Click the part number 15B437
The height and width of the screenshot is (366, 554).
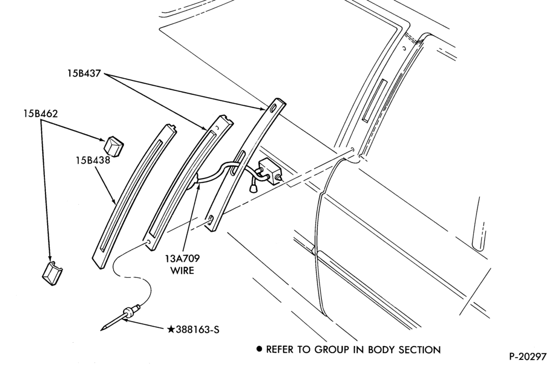(85, 74)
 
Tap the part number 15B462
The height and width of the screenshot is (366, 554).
(40, 114)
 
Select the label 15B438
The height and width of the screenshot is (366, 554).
(93, 160)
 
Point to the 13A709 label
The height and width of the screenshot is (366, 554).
(182, 258)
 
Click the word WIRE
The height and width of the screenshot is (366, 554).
(182, 271)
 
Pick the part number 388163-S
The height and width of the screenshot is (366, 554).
(198, 329)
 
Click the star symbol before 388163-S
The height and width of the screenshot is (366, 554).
(171, 329)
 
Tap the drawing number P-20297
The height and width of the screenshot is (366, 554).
(527, 357)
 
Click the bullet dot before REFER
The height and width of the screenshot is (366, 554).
(260, 349)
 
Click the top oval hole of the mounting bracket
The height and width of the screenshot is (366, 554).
(273, 109)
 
